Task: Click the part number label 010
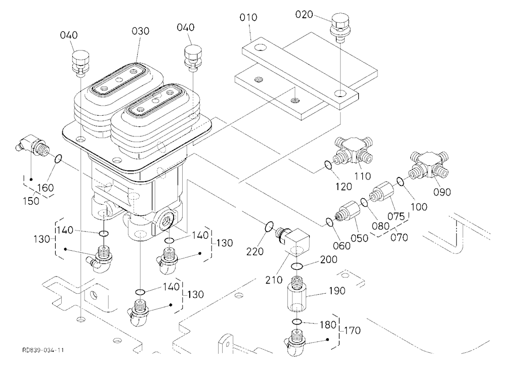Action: pos(248,17)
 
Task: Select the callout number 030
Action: pos(140,31)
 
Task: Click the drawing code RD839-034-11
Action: pos(43,350)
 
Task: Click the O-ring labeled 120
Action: pos(327,165)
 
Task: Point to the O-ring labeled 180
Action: pos(297,322)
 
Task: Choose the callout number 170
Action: pos(352,330)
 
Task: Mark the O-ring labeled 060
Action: pos(329,222)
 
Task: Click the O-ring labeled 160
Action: pos(58,159)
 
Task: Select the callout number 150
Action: pos(31,201)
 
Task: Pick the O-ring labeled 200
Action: pos(297,266)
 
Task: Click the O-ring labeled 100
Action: pos(400,181)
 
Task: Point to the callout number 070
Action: pos(399,238)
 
